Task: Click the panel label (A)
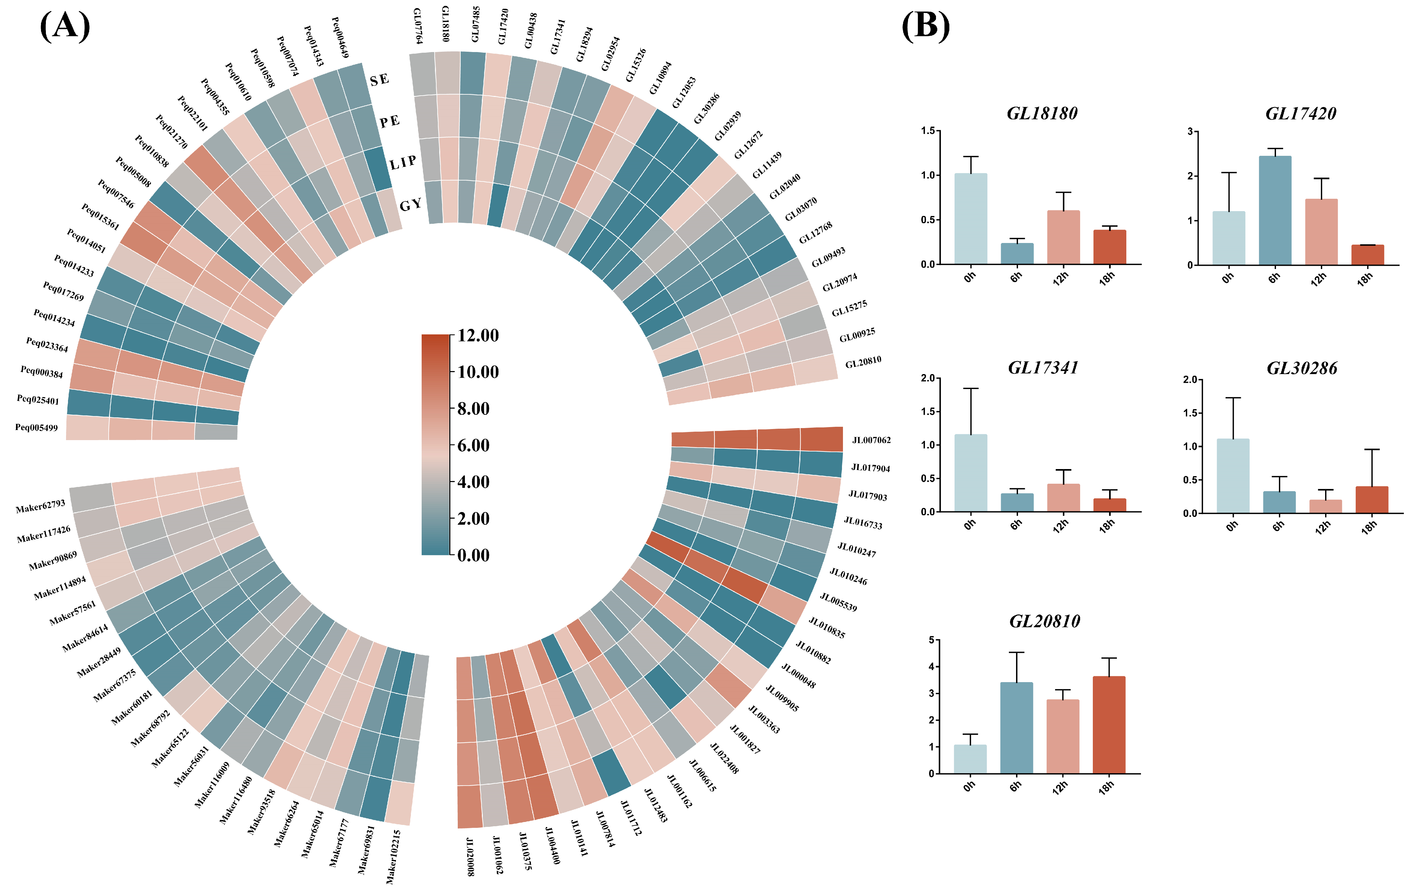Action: coord(64,26)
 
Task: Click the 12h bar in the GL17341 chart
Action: coord(1063,498)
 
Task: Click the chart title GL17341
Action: coord(1043,368)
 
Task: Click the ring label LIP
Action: coord(403,162)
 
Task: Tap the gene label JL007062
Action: coord(871,440)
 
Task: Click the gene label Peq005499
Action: coord(36,427)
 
